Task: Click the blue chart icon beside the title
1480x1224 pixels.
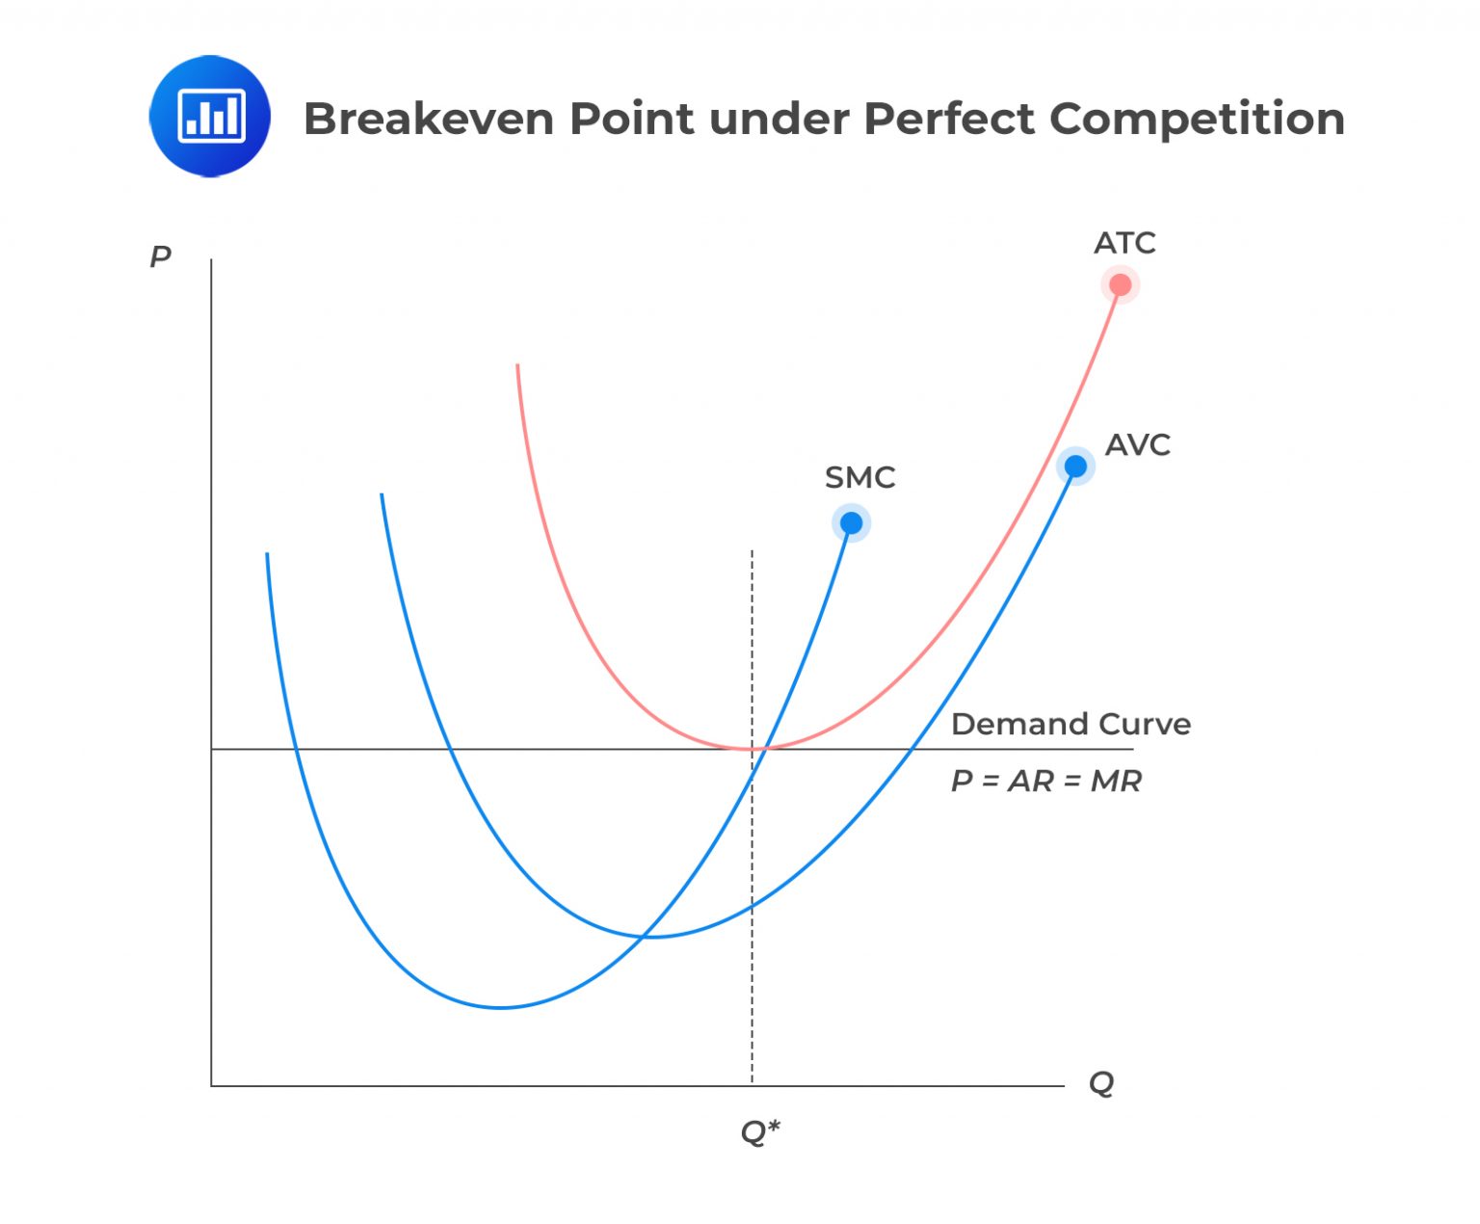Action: coord(210,117)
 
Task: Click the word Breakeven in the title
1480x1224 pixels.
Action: coord(429,119)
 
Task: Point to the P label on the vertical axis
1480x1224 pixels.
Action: coord(160,256)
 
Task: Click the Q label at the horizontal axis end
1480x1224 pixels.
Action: coord(1100,1082)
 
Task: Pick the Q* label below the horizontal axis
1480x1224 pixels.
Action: coord(759,1131)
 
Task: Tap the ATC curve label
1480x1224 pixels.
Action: coord(1124,243)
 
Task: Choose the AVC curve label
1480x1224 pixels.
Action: coord(1137,444)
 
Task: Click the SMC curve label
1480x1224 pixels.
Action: coord(859,477)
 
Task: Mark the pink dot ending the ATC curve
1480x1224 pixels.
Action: coord(1120,284)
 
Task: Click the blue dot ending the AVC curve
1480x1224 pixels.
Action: coord(1075,466)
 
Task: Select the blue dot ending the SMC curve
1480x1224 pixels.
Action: coord(851,523)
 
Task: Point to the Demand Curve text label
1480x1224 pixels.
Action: coord(1070,724)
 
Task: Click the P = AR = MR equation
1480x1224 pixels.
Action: coord(1045,781)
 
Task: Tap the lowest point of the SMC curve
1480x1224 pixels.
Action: coord(501,1007)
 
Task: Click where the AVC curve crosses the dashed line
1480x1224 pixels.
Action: coord(752,907)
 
